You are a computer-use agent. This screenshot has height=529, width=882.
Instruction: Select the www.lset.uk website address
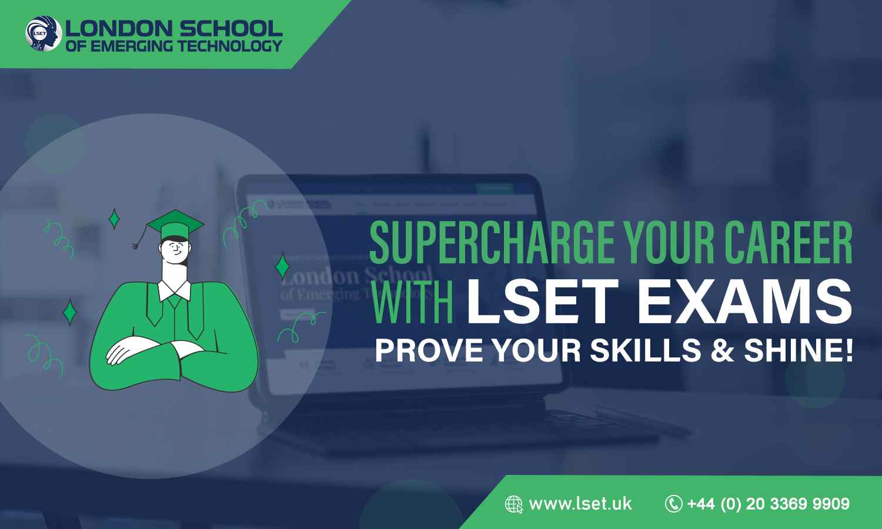coord(580,504)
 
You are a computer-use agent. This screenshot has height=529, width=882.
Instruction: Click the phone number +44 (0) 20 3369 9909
coord(768,504)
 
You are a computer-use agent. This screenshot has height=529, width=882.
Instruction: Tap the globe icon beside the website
coord(514,504)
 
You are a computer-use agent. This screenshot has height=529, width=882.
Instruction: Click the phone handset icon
coord(673,504)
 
